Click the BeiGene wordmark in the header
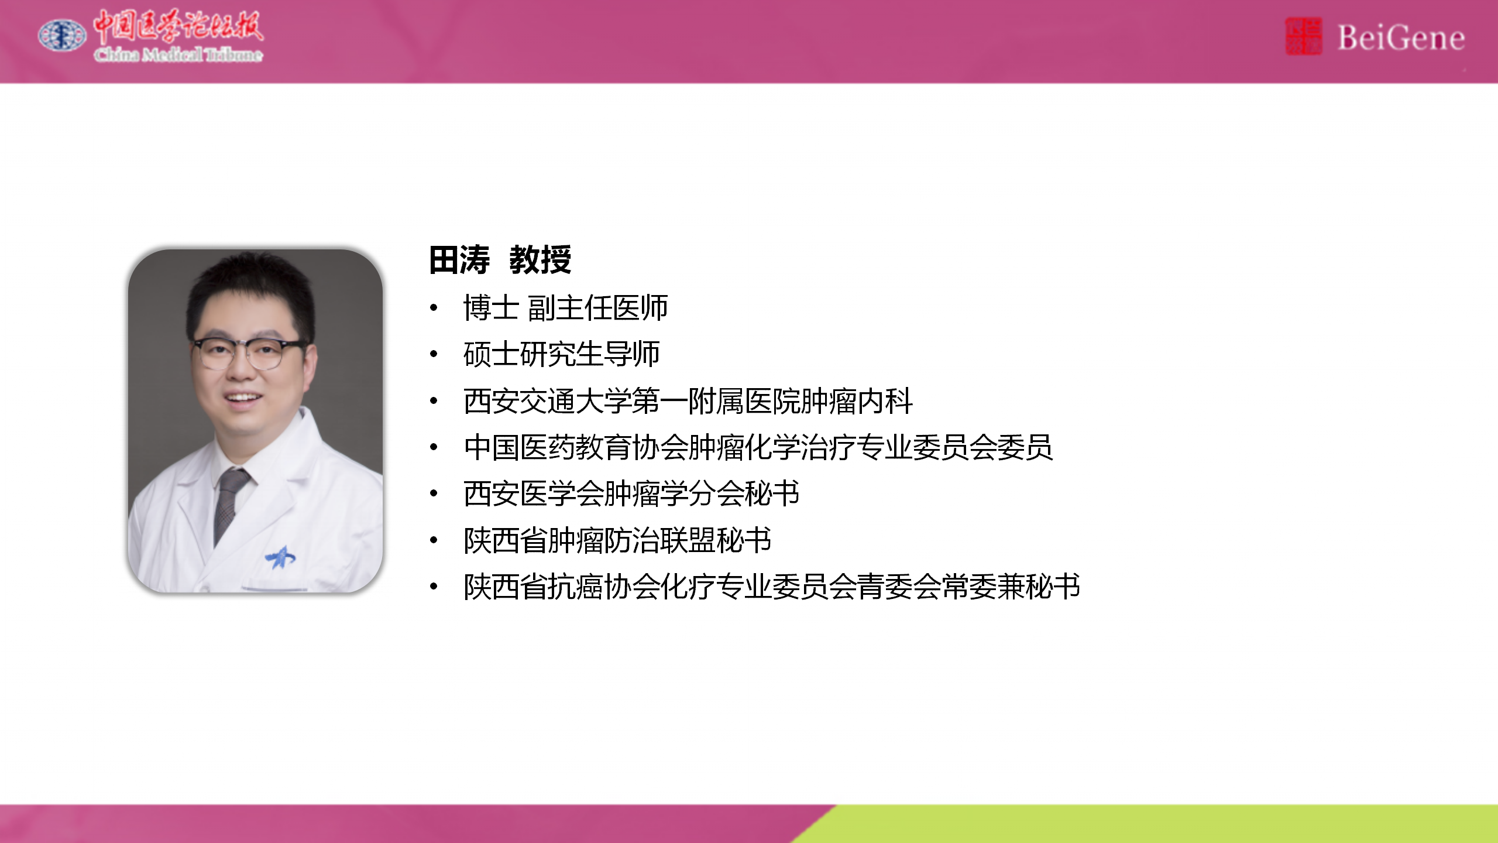tap(1401, 38)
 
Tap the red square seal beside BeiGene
tap(1303, 36)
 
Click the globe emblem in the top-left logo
tap(62, 35)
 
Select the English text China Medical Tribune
tap(178, 54)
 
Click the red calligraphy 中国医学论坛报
tap(178, 26)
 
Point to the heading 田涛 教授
tap(500, 260)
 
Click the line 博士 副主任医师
tap(565, 308)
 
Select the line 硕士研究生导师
tap(562, 354)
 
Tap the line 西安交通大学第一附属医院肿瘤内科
tap(688, 401)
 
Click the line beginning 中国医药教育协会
tap(758, 447)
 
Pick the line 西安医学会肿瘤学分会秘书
tap(631, 494)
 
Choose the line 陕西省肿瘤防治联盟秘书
tap(617, 540)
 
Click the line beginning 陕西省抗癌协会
tap(772, 587)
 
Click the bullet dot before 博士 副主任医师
tap(434, 307)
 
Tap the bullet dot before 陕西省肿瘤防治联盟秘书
tap(434, 540)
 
